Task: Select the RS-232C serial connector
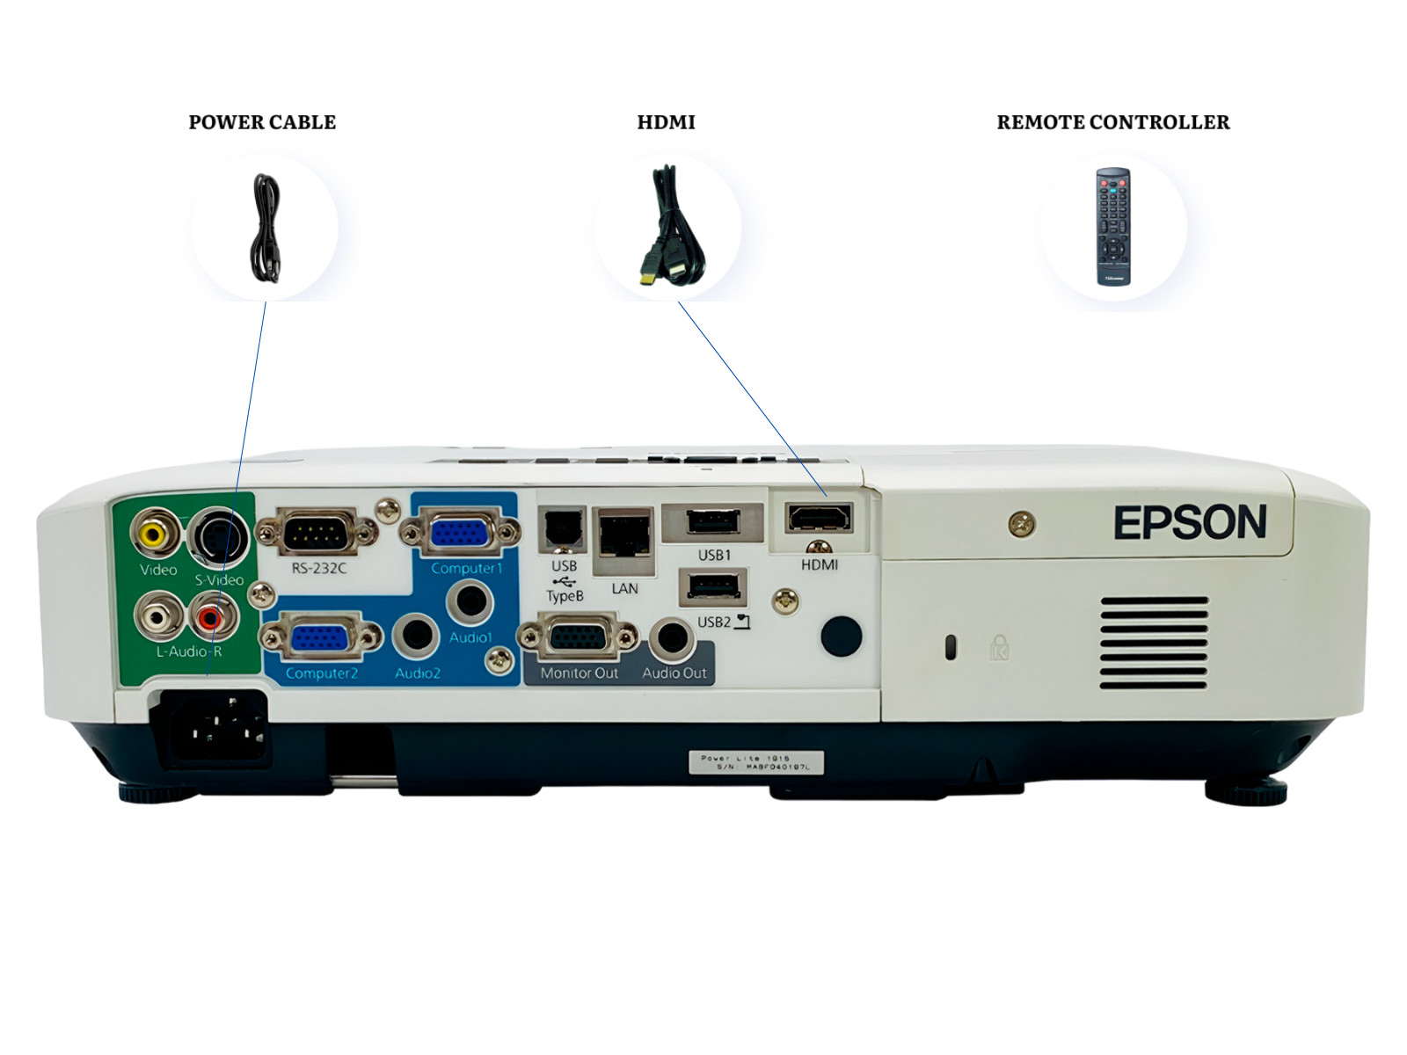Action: pyautogui.click(x=317, y=532)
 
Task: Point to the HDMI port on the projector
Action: pyautogui.click(x=820, y=518)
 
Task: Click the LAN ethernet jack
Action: pyautogui.click(x=623, y=534)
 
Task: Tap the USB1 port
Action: pyautogui.click(x=712, y=522)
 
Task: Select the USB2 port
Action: pyautogui.click(x=712, y=586)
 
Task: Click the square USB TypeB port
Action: pyautogui.click(x=562, y=530)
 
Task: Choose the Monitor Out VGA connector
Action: pyautogui.click(x=578, y=637)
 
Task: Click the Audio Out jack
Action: pyautogui.click(x=673, y=638)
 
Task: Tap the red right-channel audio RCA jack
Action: pyautogui.click(x=211, y=618)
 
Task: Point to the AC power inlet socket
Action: pyautogui.click(x=211, y=725)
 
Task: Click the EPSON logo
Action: pyautogui.click(x=1190, y=522)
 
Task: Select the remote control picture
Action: pyautogui.click(x=1112, y=227)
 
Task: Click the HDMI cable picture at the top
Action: pyautogui.click(x=670, y=227)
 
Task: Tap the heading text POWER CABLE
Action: pyautogui.click(x=262, y=122)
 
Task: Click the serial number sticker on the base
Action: pyautogui.click(x=755, y=762)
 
